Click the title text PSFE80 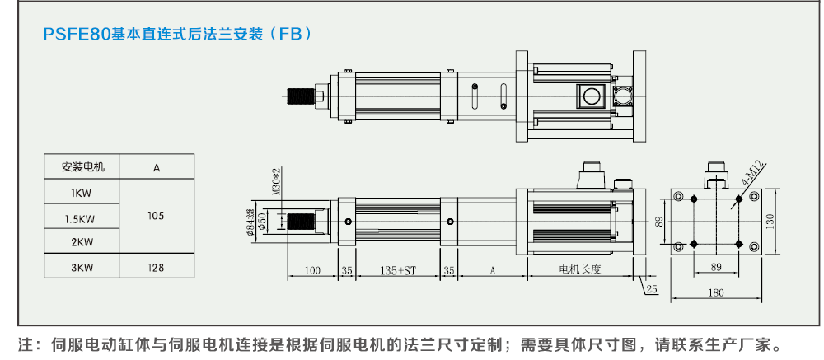click(77, 35)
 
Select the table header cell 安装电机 click(83, 167)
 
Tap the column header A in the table click(157, 167)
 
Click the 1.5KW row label click(82, 218)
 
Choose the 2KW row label click(82, 242)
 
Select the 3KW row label click(82, 268)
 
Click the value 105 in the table click(156, 216)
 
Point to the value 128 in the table click(156, 268)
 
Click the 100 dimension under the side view click(311, 270)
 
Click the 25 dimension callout click(652, 289)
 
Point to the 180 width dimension click(715, 292)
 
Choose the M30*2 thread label click(276, 184)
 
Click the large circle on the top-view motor click(591, 96)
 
